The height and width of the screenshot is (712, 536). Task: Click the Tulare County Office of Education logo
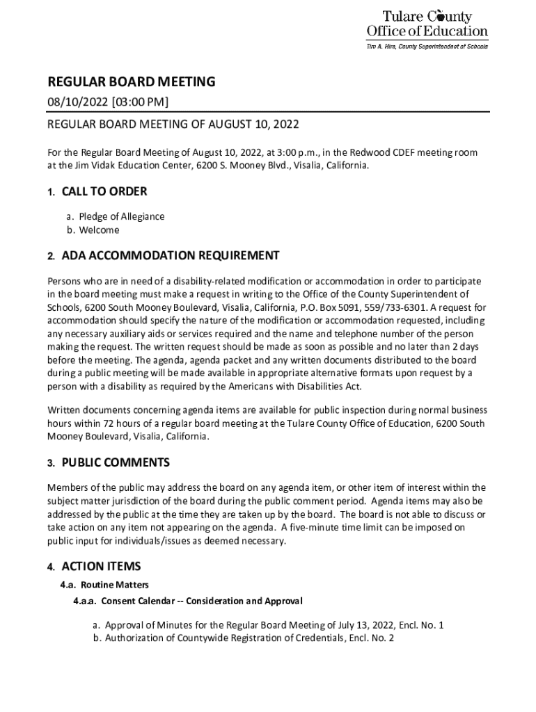(x=427, y=24)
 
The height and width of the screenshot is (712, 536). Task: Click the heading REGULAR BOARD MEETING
(x=131, y=82)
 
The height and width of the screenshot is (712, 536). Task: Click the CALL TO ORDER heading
(x=104, y=192)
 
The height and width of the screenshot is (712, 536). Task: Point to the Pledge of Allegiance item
(x=121, y=216)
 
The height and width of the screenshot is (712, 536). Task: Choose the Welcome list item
(x=99, y=230)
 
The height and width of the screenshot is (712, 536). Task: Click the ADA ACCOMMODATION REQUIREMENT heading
(x=171, y=256)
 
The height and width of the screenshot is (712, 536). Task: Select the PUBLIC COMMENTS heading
(x=116, y=463)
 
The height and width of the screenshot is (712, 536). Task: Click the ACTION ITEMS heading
(x=101, y=567)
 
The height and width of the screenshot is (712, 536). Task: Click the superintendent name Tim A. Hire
(x=385, y=46)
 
